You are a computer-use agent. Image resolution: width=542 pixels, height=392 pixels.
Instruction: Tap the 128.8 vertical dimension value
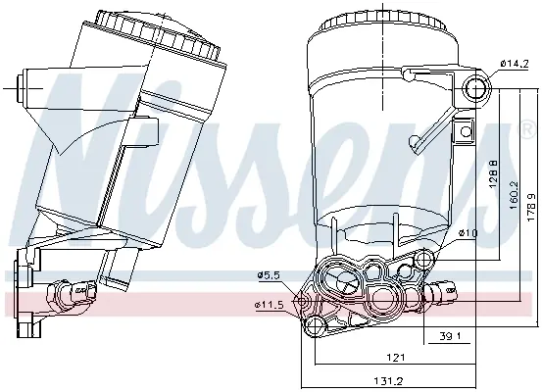tap(494, 173)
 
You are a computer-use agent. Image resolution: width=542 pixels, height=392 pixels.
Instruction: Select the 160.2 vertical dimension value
tap(514, 195)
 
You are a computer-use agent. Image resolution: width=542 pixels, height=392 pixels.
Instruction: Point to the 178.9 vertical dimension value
tap(532, 208)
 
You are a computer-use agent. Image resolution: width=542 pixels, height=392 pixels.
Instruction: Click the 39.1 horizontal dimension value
tap(450, 336)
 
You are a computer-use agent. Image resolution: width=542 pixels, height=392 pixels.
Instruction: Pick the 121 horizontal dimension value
tap(395, 357)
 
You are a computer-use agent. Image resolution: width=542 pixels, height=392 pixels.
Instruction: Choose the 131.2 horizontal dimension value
tap(388, 381)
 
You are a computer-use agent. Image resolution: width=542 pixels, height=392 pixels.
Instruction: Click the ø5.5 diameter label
tap(271, 275)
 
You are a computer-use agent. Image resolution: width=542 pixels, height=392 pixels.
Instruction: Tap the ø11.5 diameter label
tap(270, 305)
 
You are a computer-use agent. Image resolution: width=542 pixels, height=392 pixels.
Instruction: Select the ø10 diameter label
tap(468, 233)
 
